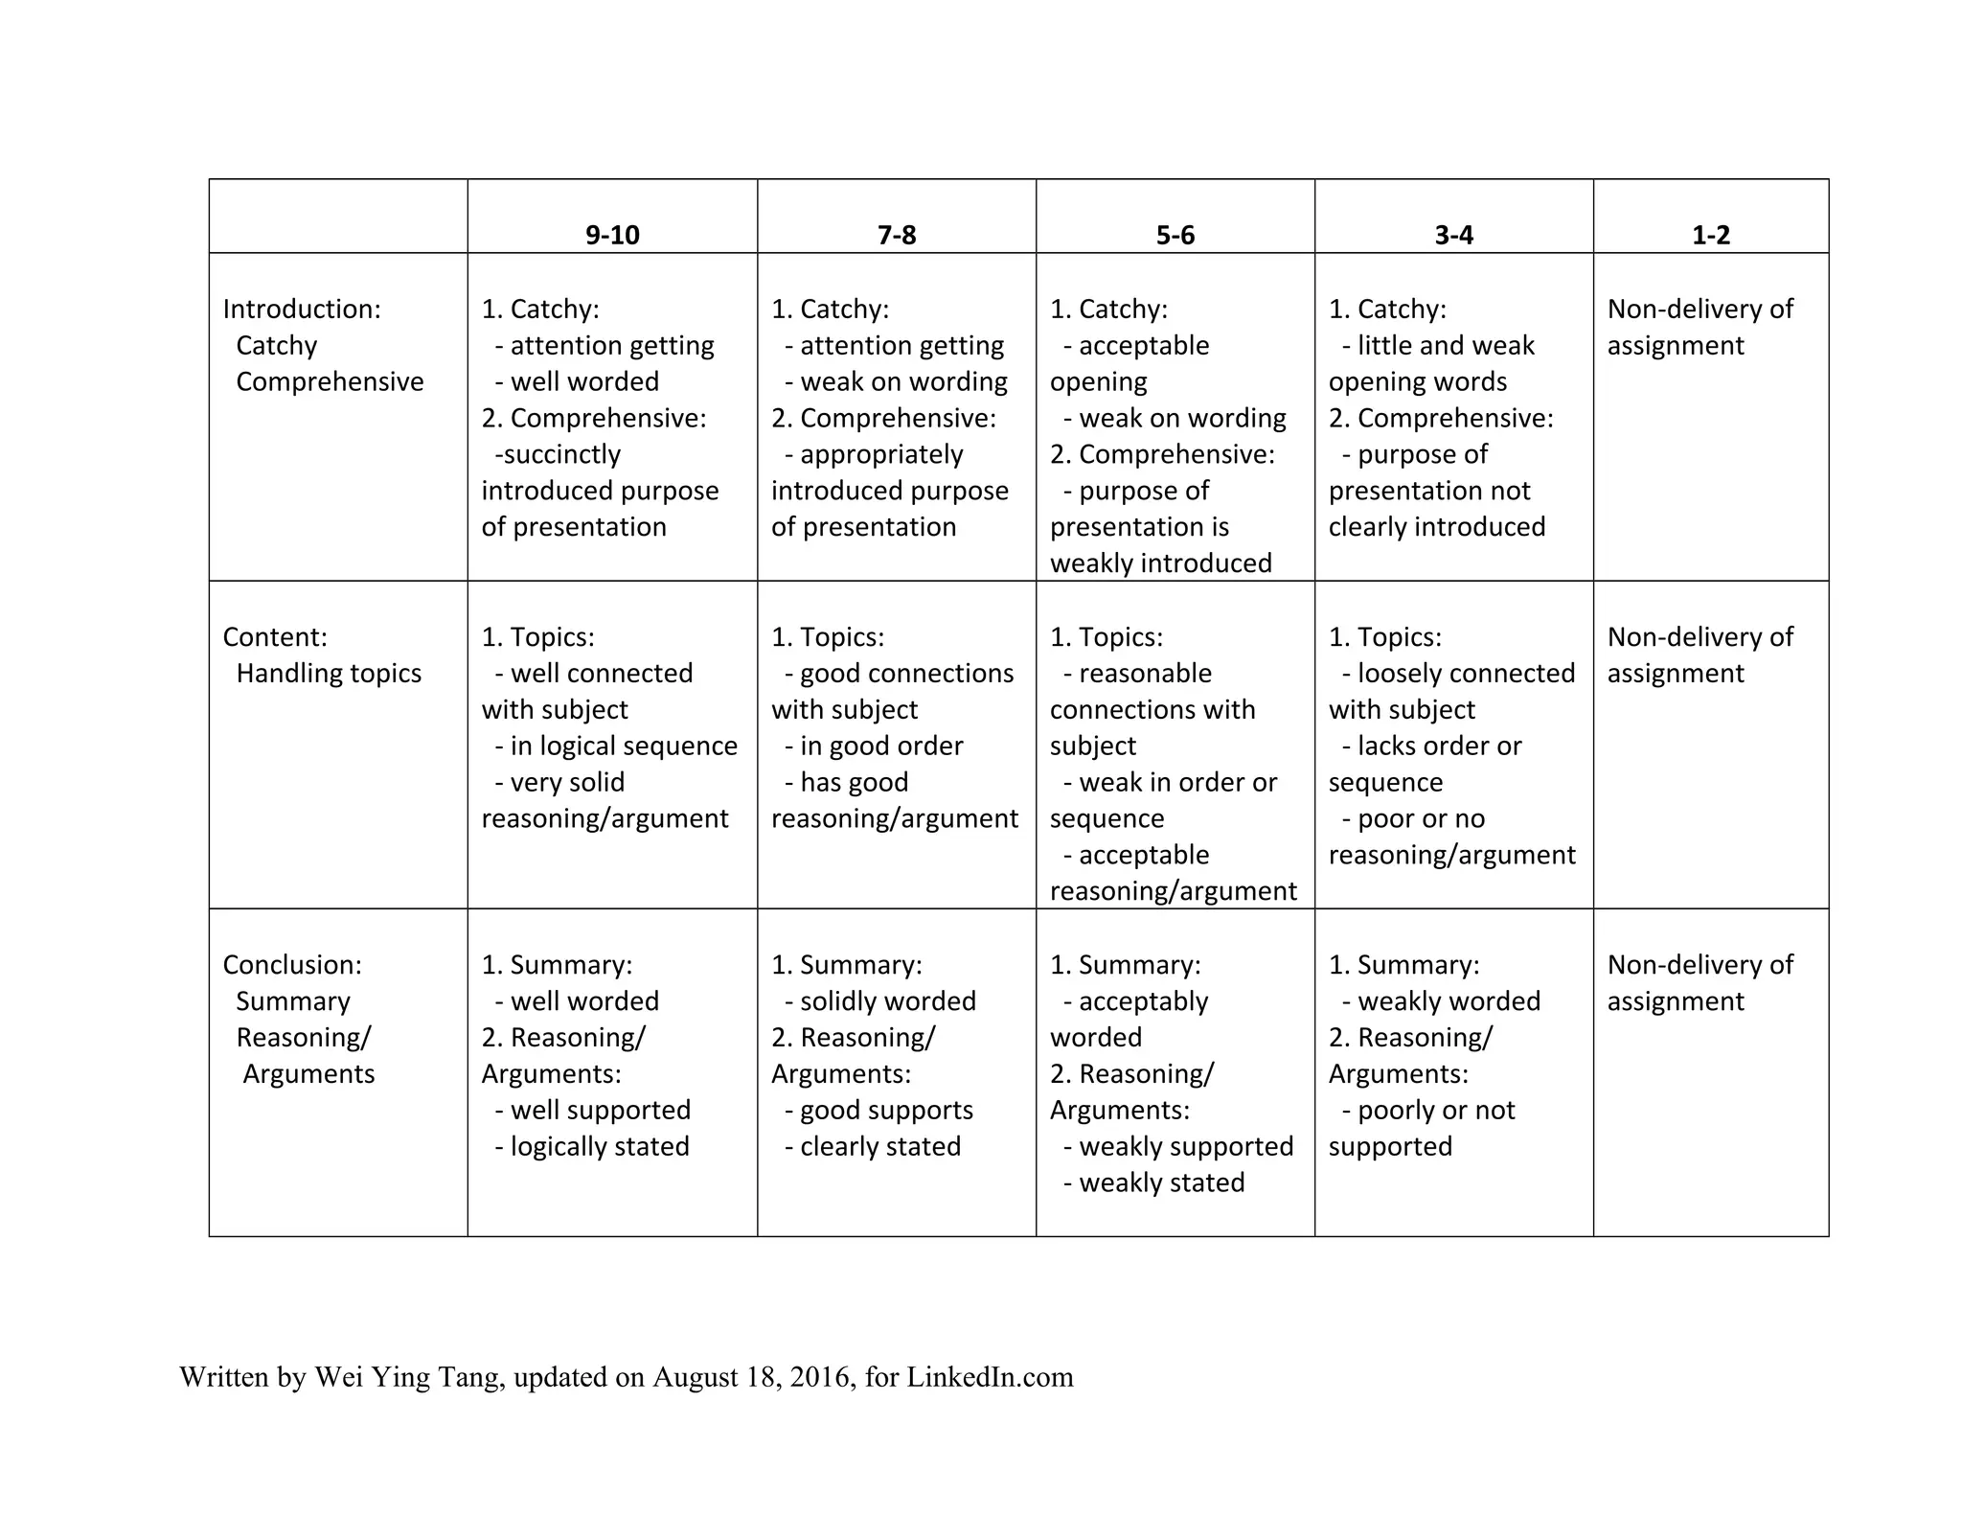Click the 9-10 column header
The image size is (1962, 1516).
(612, 235)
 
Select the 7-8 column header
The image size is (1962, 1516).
(897, 235)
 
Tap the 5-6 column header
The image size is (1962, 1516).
(1175, 235)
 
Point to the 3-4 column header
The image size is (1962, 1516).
(1453, 235)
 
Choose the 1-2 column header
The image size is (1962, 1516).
(1711, 235)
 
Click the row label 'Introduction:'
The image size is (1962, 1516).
(302, 309)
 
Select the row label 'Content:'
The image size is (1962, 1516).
(275, 637)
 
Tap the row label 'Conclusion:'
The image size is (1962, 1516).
(292, 965)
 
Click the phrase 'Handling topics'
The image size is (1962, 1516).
(329, 674)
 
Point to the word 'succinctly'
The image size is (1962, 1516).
(562, 454)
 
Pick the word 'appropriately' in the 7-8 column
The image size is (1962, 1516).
(881, 454)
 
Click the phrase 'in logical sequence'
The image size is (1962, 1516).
(624, 746)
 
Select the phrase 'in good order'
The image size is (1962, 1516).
(881, 746)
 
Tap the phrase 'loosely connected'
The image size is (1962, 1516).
(1466, 674)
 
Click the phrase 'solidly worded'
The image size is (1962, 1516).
(888, 1001)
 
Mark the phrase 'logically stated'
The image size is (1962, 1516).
(600, 1147)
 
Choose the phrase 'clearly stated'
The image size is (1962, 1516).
(880, 1147)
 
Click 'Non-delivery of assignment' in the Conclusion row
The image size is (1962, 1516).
(1700, 983)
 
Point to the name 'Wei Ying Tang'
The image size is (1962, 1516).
(407, 1377)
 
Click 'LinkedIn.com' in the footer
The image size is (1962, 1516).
(990, 1377)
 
